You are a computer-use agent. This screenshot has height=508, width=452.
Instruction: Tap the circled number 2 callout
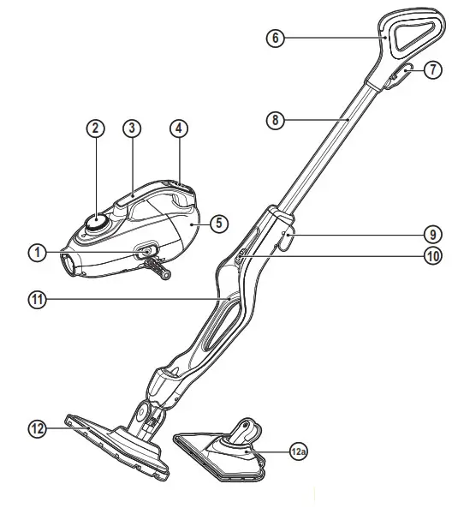pos(96,128)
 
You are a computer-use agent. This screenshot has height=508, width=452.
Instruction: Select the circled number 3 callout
pos(131,128)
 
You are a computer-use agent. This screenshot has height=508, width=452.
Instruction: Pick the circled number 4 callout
pos(178,128)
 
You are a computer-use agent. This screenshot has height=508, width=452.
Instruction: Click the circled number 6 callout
pos(276,39)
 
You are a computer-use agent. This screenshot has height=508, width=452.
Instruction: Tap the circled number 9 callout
pos(433,232)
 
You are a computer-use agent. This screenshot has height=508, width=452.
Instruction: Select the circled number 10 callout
pos(433,254)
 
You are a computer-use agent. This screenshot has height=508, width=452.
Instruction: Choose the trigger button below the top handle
pos(398,75)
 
